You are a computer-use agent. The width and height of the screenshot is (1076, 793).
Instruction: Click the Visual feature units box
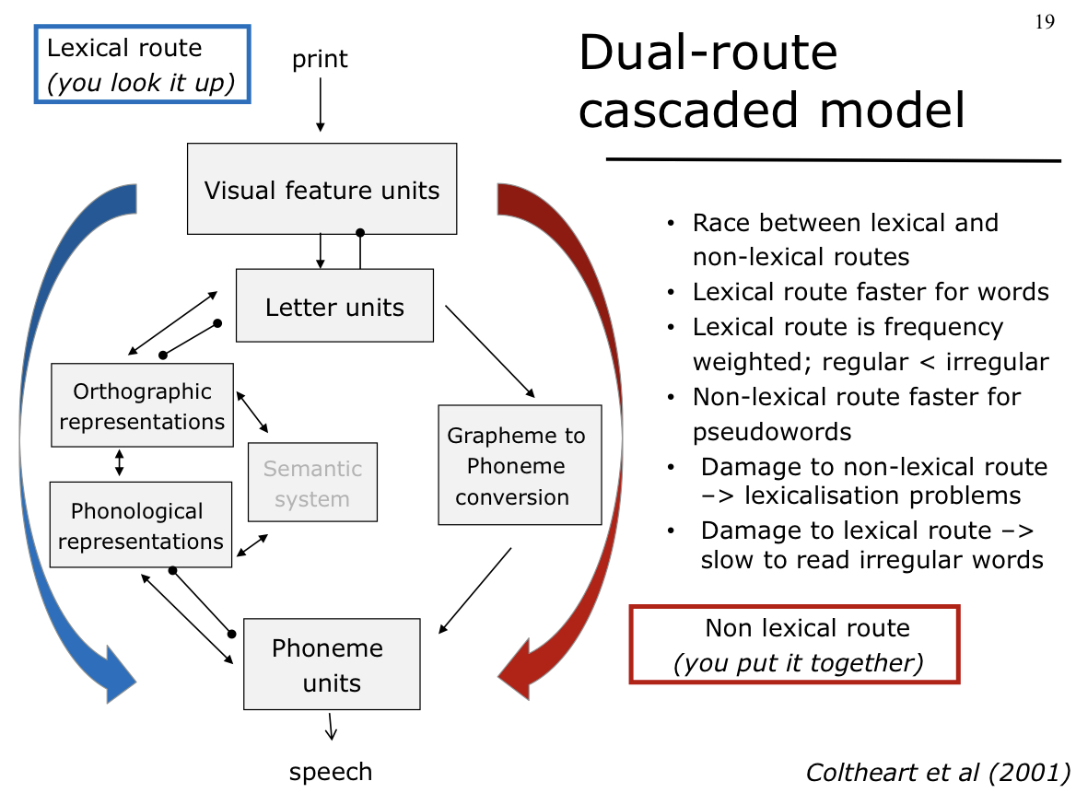(x=322, y=189)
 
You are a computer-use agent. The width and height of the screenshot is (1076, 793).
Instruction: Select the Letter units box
(x=334, y=306)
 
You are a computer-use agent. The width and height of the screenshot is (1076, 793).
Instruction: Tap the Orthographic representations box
(x=142, y=406)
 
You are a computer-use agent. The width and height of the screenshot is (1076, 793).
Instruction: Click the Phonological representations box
(x=140, y=525)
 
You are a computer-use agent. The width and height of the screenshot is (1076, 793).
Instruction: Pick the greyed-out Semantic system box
(x=312, y=484)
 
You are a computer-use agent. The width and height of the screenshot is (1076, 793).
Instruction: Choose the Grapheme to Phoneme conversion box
(x=520, y=465)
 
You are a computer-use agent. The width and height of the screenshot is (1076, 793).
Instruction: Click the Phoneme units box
(x=331, y=664)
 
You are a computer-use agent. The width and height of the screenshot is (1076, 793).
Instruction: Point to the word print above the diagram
(x=320, y=59)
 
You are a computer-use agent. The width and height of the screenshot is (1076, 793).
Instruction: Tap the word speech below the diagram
(x=331, y=772)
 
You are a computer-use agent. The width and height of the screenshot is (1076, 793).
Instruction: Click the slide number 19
(x=1045, y=22)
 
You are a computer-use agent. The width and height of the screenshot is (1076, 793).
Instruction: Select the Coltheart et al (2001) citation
(x=938, y=772)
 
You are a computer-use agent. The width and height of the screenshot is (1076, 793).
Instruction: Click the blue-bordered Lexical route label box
(x=143, y=64)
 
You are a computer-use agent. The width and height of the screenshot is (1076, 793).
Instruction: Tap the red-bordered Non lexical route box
(x=794, y=645)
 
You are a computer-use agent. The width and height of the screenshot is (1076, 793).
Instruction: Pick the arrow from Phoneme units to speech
(x=331, y=726)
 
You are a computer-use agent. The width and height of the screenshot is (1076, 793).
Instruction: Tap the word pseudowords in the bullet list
(x=772, y=431)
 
